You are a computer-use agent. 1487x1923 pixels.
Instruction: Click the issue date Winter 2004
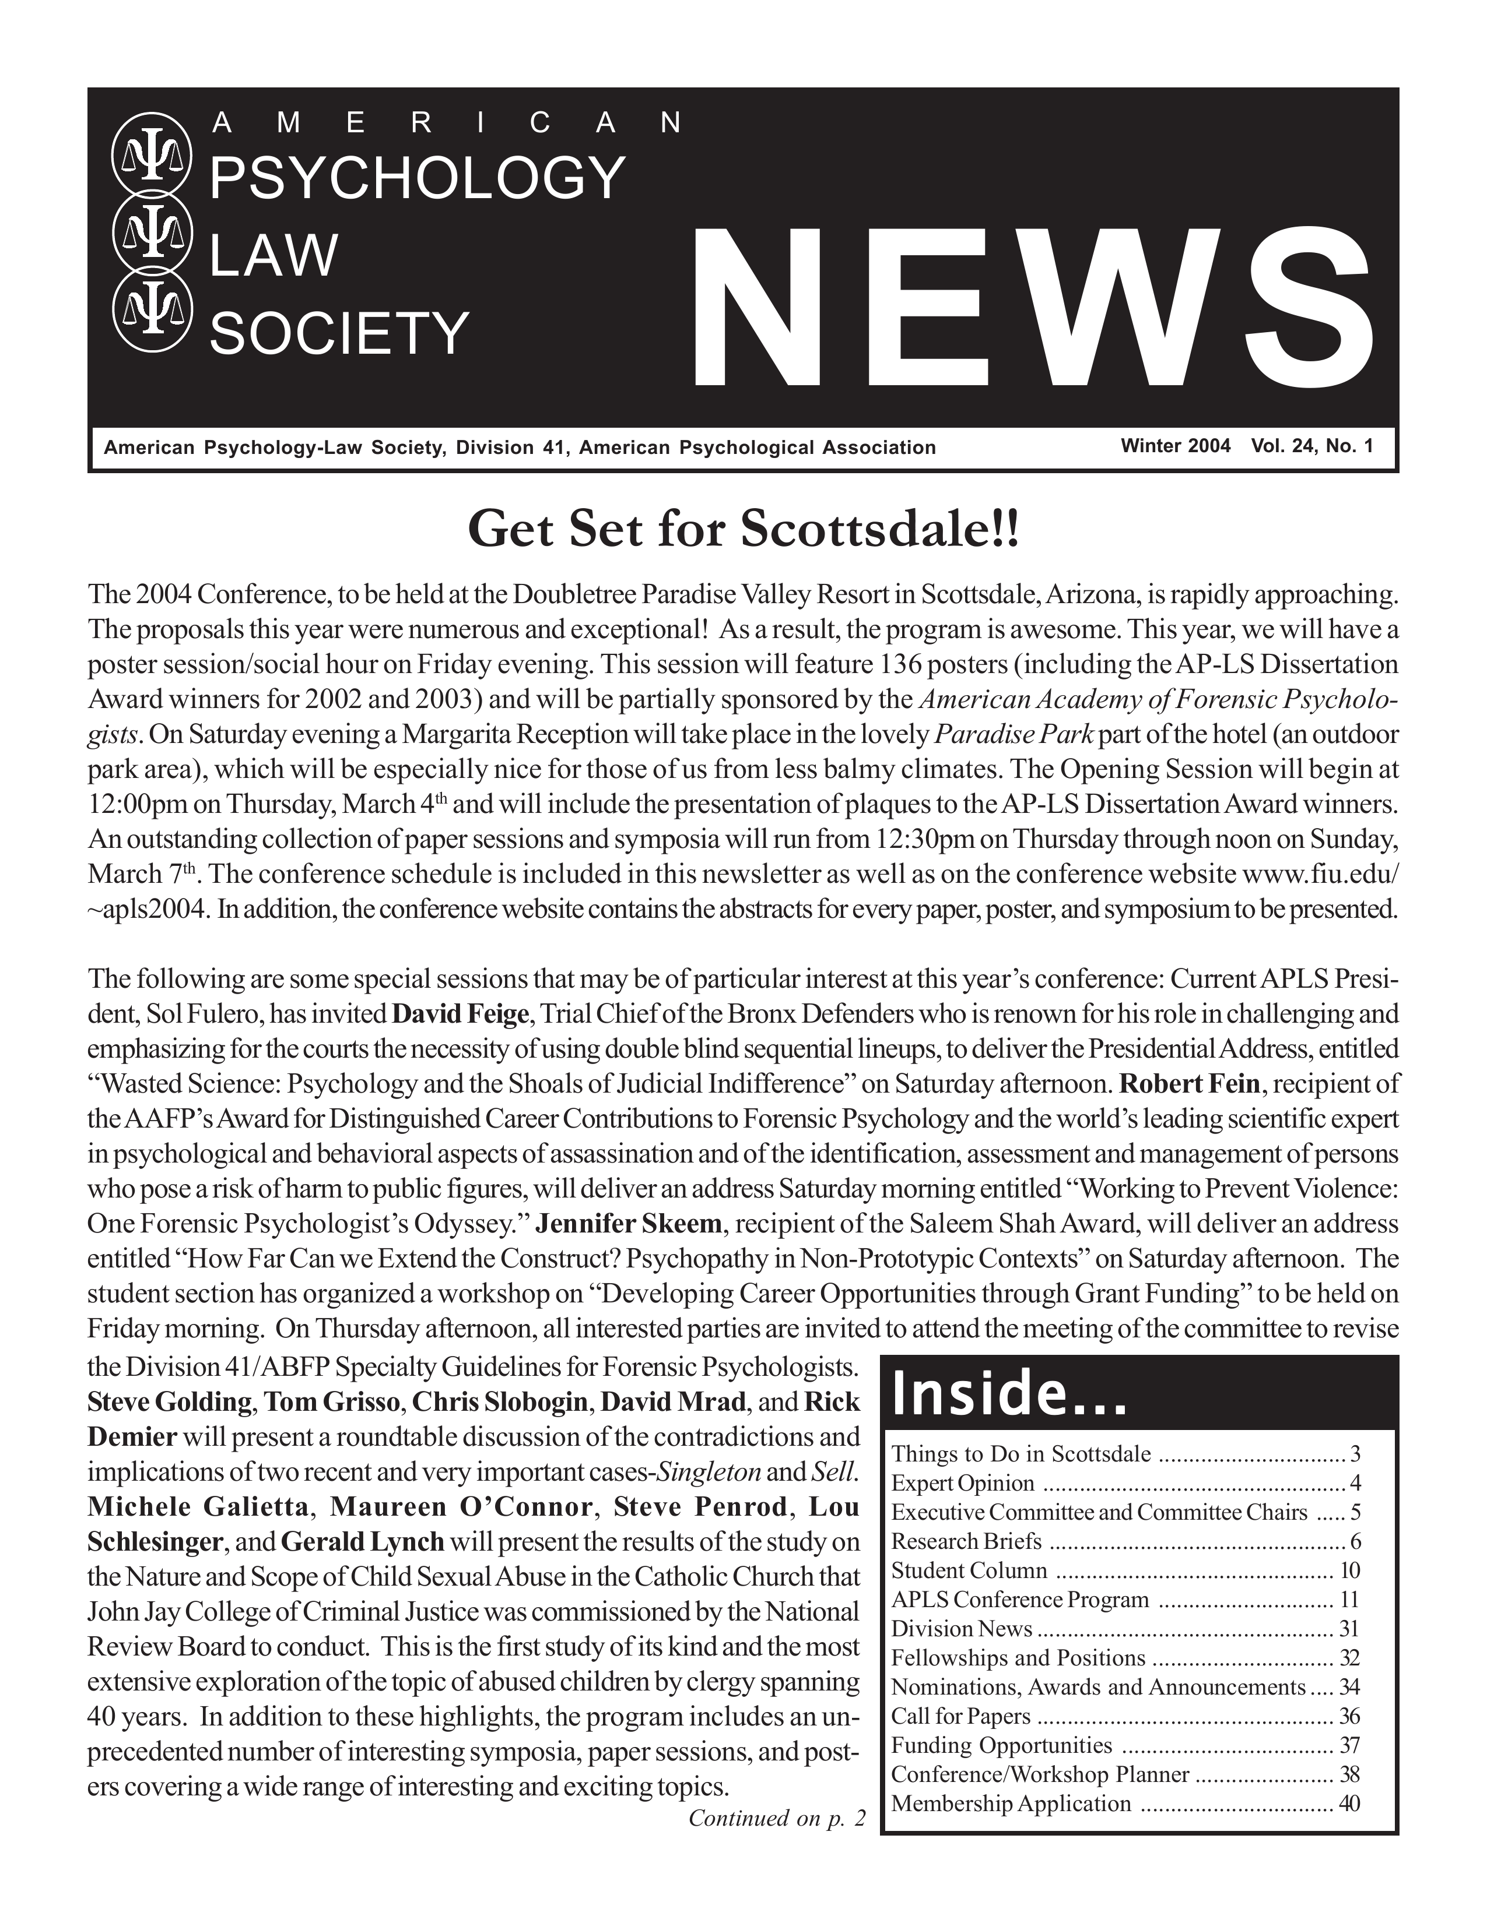point(1175,446)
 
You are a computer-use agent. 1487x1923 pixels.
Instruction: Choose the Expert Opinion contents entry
point(962,1483)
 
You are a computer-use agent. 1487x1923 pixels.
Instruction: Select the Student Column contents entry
point(969,1570)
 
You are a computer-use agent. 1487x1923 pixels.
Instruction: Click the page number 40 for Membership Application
point(1349,1804)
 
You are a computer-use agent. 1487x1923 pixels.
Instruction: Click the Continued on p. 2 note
point(777,1818)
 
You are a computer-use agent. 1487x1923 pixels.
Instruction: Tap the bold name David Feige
point(460,1013)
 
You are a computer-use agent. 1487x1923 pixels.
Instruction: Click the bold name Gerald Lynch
point(363,1542)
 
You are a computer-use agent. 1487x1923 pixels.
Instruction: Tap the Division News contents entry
point(961,1628)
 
